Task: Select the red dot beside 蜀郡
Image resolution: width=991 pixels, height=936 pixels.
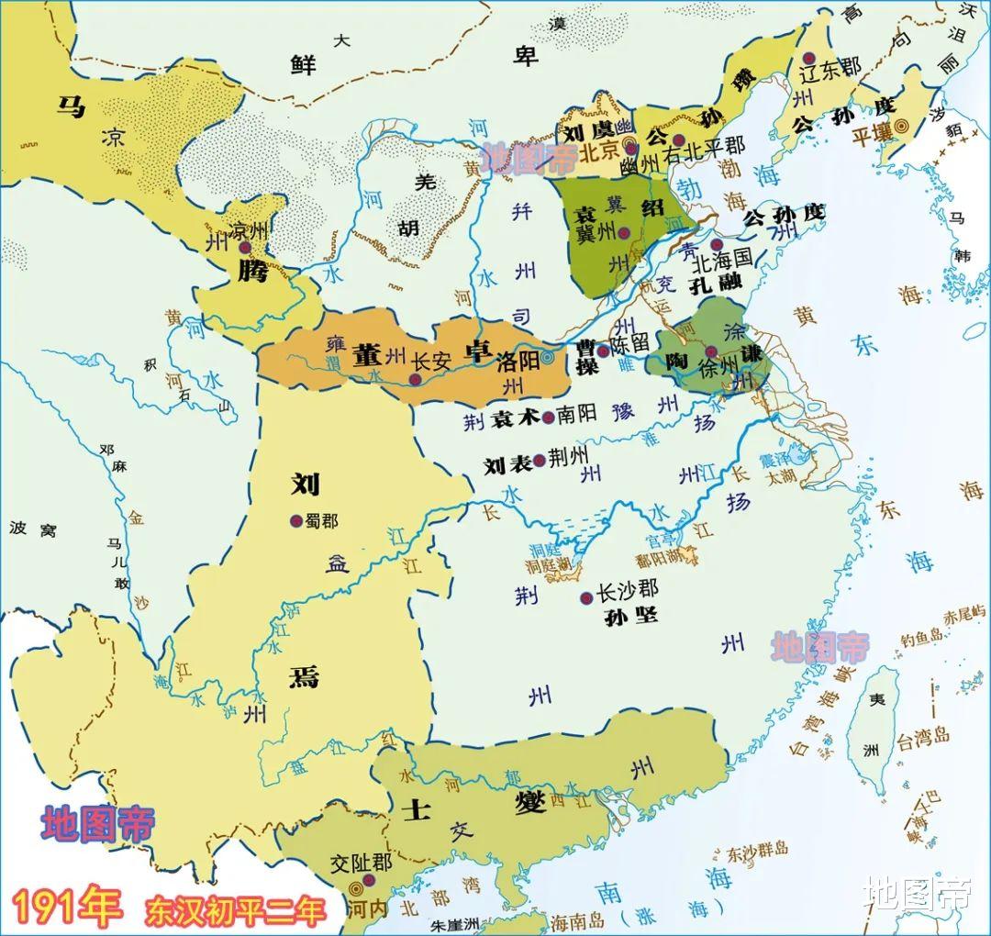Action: [x=296, y=520]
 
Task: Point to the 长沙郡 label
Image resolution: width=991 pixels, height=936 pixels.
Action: [x=628, y=592]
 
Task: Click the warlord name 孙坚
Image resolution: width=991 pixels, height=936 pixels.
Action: [x=632, y=615]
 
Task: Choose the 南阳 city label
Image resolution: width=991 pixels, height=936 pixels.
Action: [x=577, y=415]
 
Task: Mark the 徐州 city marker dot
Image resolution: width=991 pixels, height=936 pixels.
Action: [x=711, y=351]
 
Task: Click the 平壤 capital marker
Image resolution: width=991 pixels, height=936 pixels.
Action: [x=902, y=126]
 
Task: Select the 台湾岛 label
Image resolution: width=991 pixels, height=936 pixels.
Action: [x=922, y=735]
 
